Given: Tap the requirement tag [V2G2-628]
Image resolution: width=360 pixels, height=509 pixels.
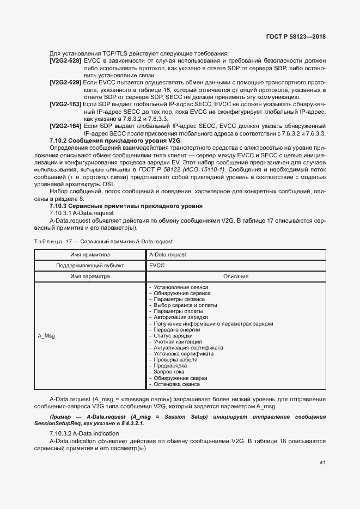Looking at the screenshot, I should (65, 61).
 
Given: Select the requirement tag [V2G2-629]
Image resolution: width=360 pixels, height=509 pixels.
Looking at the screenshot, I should (65, 82).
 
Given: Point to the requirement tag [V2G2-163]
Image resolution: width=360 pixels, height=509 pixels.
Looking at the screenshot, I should (65, 103).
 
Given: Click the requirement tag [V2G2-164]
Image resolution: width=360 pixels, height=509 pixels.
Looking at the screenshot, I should (65, 126).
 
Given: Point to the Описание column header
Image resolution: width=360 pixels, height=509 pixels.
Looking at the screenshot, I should (235, 277).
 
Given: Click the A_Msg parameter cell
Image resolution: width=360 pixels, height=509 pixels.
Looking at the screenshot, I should (46, 336).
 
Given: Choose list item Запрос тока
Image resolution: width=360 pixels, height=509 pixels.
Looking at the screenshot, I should (169, 371).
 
